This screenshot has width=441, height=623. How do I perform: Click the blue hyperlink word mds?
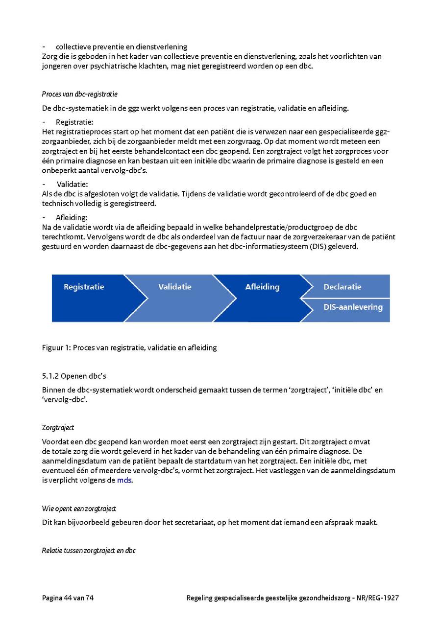click(124, 480)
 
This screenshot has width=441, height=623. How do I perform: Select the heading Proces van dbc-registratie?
click(79, 94)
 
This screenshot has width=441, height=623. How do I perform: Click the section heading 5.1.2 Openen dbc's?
click(74, 376)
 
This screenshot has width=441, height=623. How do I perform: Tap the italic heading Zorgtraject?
click(58, 428)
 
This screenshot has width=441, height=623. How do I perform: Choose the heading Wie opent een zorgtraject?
click(79, 508)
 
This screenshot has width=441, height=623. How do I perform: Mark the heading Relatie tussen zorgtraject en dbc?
click(89, 551)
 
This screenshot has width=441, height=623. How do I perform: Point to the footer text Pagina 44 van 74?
click(68, 598)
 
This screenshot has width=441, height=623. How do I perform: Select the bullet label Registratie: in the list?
click(74, 122)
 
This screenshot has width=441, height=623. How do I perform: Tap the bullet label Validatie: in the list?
click(73, 185)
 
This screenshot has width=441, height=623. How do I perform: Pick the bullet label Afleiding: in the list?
click(72, 218)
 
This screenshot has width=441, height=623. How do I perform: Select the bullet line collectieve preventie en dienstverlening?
click(122, 47)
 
